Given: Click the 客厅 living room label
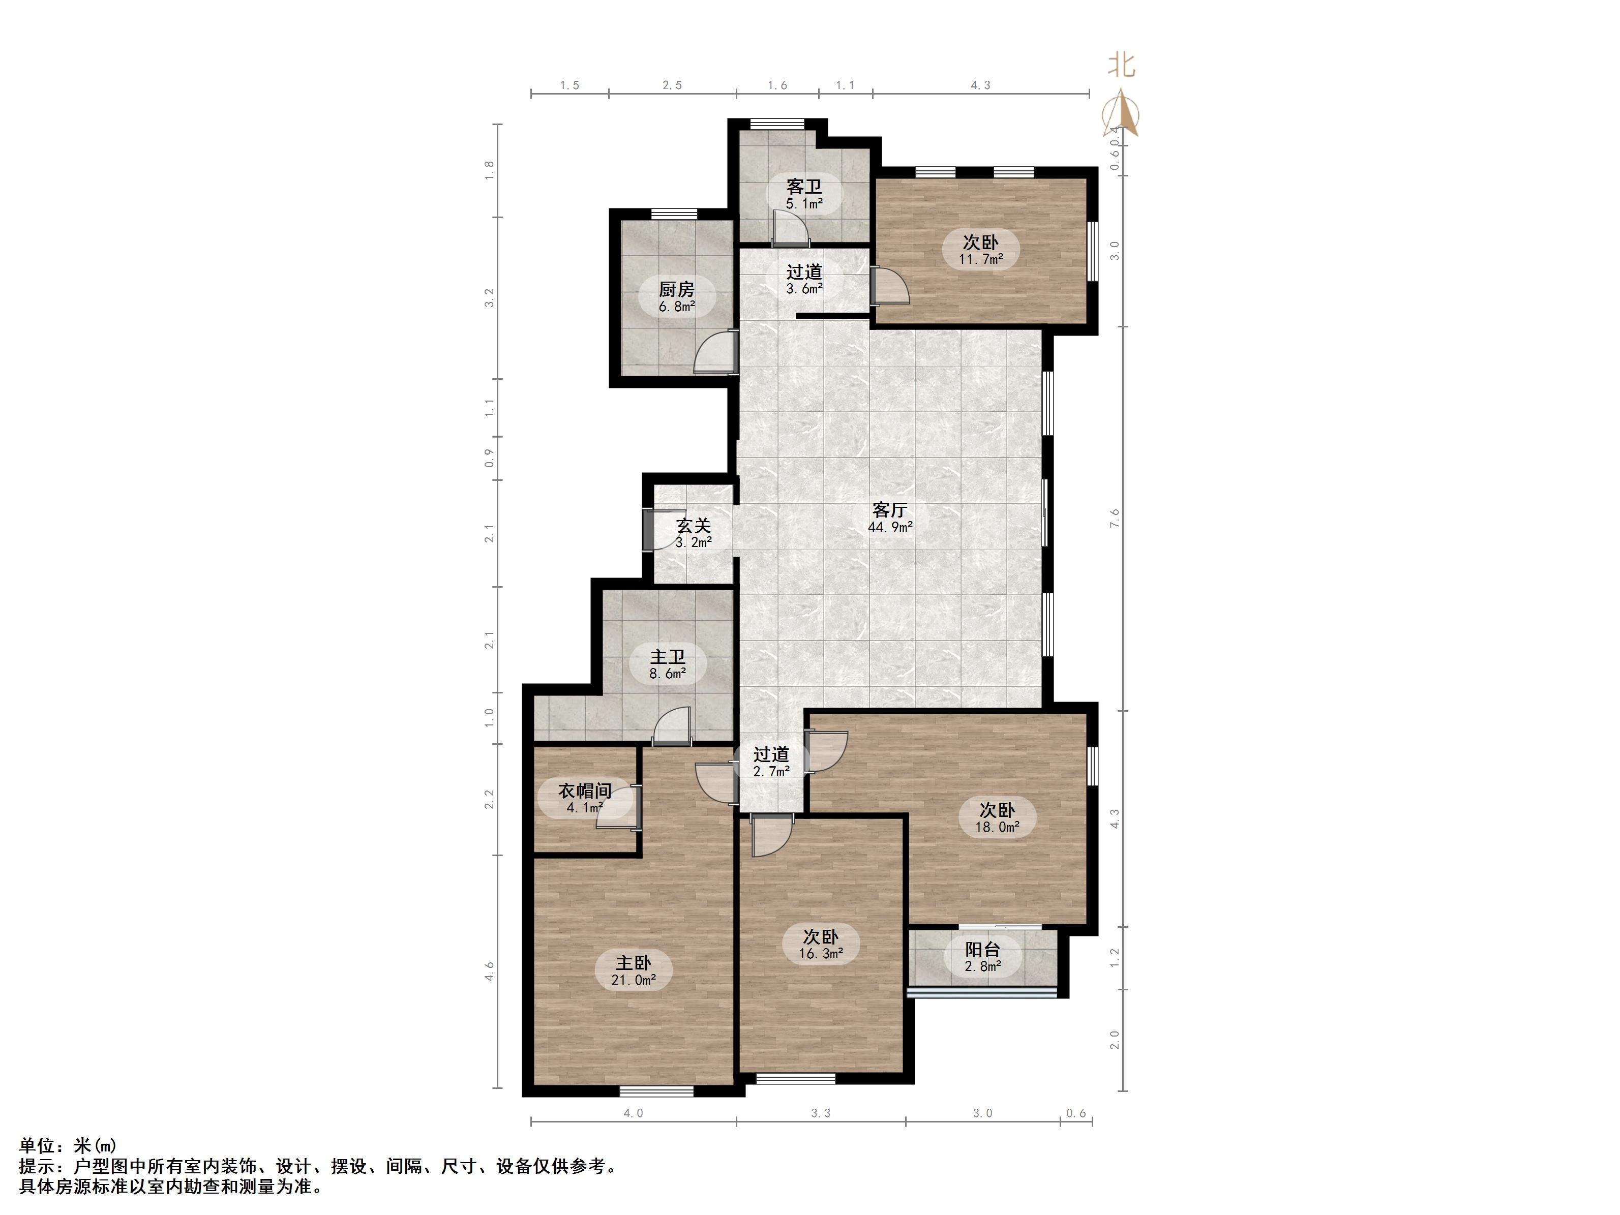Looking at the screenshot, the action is click(x=890, y=518).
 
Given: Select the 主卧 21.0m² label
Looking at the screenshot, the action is click(x=634, y=971).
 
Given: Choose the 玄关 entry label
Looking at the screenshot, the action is click(x=693, y=534).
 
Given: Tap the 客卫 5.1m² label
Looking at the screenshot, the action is click(x=804, y=195).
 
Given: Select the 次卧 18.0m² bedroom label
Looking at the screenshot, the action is click(x=997, y=818).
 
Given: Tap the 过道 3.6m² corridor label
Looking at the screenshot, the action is click(x=804, y=280).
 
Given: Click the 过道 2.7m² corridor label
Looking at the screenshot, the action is click(x=771, y=762).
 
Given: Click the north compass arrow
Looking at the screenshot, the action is click(x=1121, y=113).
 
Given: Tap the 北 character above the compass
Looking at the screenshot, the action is click(x=1121, y=65).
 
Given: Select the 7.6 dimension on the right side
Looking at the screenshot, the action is click(x=1115, y=519).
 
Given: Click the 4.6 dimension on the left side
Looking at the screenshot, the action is click(x=489, y=972).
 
